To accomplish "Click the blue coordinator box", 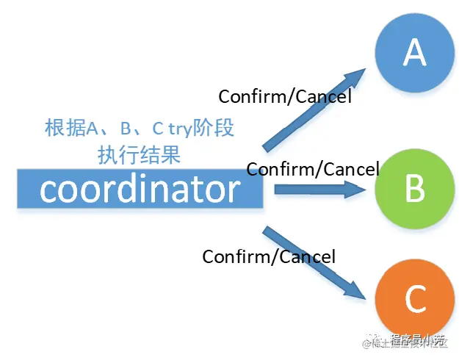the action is click(x=140, y=190).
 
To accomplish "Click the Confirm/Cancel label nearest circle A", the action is click(x=285, y=96).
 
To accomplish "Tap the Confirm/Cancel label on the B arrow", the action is click(x=313, y=169).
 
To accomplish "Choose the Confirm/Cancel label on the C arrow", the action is click(x=269, y=256).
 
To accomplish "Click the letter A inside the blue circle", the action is click(x=415, y=53).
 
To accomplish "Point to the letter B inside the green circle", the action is click(x=415, y=189).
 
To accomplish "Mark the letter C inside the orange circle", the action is click(x=415, y=300).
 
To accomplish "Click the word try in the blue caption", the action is click(x=180, y=129).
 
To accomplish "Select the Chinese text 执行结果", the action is click(x=139, y=155).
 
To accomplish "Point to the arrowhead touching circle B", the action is click(x=355, y=190).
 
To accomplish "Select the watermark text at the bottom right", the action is click(x=408, y=340).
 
